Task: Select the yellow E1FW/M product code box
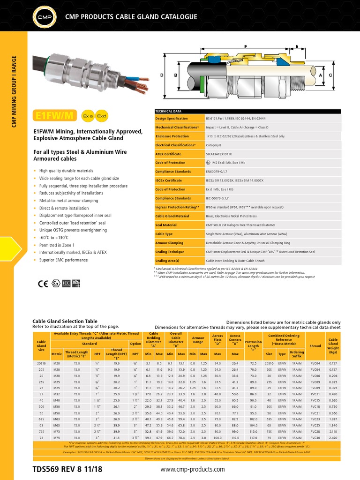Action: click(54, 115)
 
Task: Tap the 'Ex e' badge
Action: click(87, 115)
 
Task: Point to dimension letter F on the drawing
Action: click(246, 46)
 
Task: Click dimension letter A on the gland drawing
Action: click(321, 75)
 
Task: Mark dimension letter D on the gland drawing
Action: click(162, 75)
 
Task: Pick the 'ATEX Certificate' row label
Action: click(168, 154)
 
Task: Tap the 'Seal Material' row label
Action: click(166, 225)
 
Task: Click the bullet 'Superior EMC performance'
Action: click(63, 259)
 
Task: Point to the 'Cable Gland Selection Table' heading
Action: click(65, 321)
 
